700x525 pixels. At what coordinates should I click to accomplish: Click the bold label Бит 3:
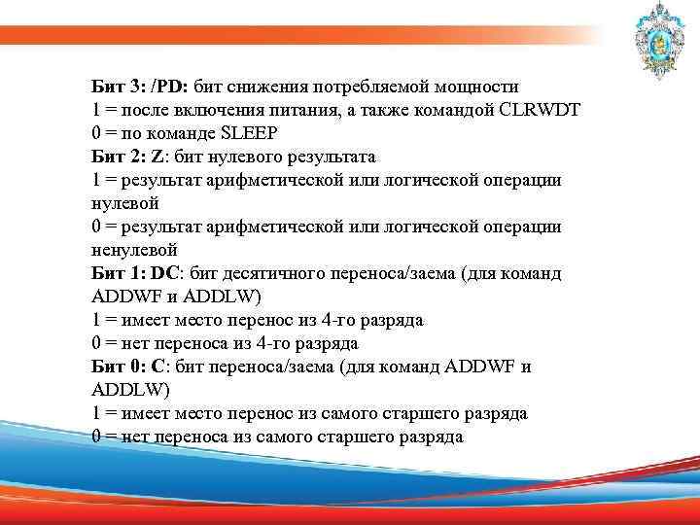coord(117,86)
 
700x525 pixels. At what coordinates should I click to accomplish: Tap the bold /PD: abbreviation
coord(167,86)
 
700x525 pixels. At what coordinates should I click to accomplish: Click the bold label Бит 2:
coord(117,156)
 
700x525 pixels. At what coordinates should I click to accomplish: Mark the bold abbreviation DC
coord(164,273)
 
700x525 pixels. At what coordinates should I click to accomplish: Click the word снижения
coord(257,86)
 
